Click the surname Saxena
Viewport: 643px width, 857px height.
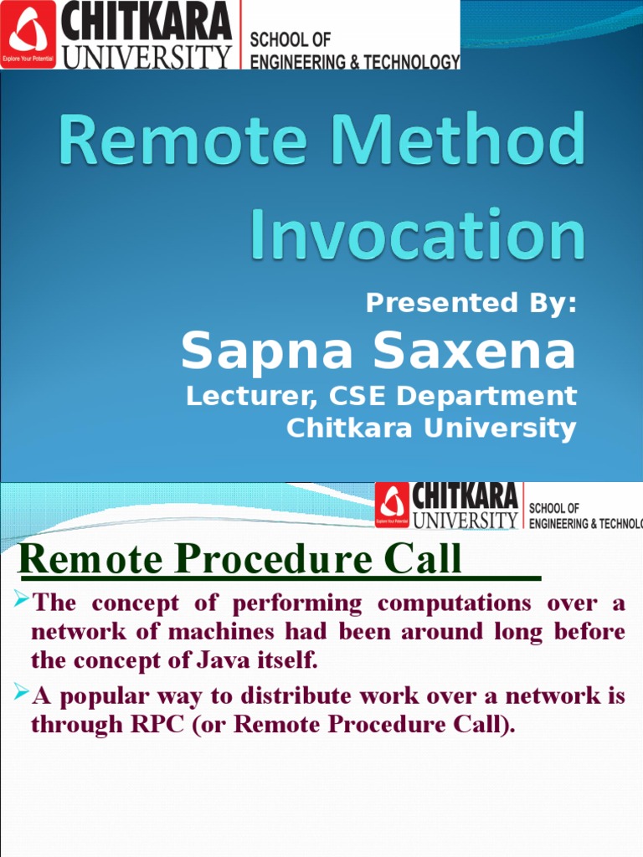(475, 350)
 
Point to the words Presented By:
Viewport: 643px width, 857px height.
(471, 302)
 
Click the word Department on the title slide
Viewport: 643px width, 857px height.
(486, 396)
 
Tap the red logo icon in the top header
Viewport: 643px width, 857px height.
(28, 33)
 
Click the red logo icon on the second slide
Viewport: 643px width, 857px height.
(392, 505)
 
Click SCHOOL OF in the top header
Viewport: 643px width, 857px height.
(290, 40)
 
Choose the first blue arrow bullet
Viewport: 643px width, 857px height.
(21, 599)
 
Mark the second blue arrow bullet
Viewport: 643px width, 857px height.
(21, 693)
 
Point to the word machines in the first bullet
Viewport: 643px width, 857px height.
(221, 632)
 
